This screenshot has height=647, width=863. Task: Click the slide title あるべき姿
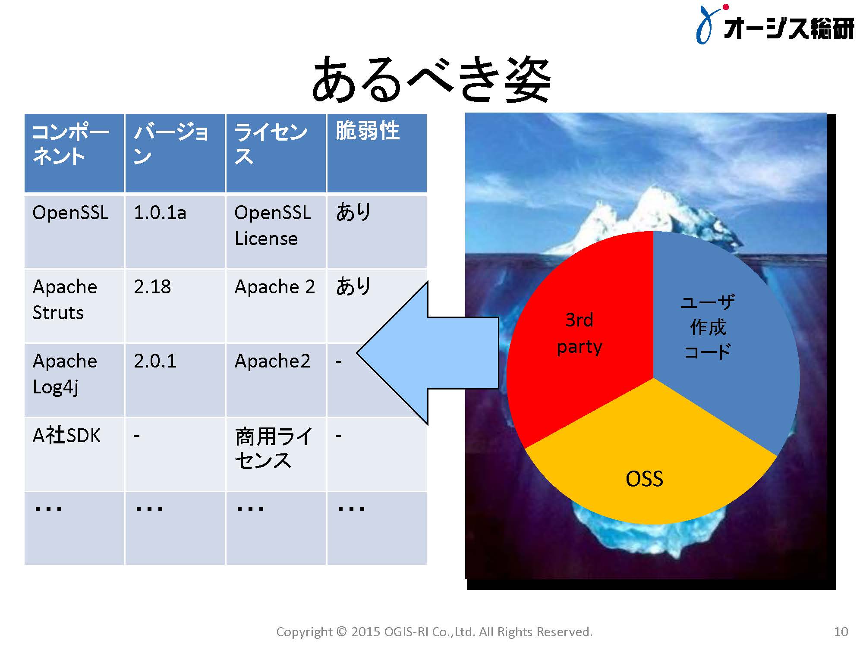[x=431, y=80]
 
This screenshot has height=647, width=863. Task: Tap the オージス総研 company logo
[x=775, y=25]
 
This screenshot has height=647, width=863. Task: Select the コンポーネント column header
[x=74, y=153]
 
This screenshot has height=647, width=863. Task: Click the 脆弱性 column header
[x=377, y=153]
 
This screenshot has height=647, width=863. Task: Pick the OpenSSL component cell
[x=74, y=232]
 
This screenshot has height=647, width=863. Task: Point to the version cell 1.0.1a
[x=175, y=232]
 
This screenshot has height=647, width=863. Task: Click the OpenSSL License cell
[x=276, y=232]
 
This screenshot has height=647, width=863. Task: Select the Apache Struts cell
[x=74, y=306]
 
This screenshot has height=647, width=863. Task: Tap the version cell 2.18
[x=175, y=306]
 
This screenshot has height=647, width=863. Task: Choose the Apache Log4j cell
[x=74, y=380]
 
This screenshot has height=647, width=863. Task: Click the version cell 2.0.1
[x=175, y=380]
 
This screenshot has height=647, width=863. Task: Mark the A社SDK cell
[x=74, y=454]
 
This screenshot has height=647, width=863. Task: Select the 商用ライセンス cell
[x=276, y=454]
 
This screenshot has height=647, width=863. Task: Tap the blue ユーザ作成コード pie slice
[x=721, y=336]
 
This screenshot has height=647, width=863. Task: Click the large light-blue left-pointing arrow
[x=427, y=353]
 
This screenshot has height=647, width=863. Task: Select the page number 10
[x=841, y=632]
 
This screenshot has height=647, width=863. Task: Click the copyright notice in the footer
[x=435, y=632]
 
